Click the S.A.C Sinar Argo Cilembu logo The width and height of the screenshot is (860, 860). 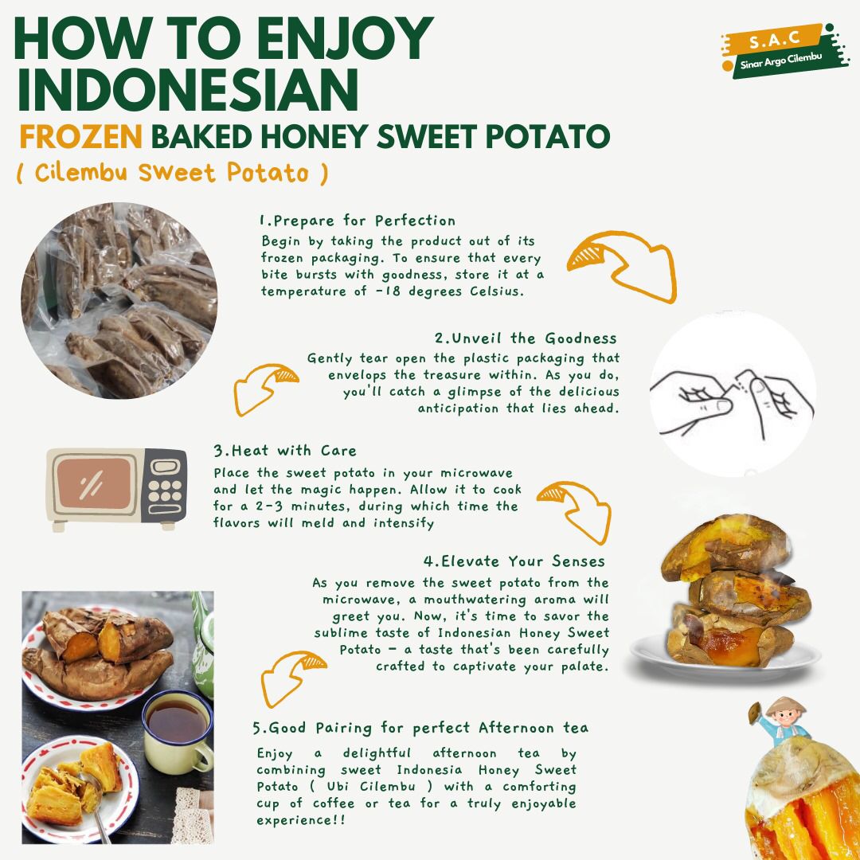(785, 50)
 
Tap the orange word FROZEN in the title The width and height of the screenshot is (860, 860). (80, 137)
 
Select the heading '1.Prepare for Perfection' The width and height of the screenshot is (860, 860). (358, 221)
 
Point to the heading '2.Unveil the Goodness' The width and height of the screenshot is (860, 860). (526, 338)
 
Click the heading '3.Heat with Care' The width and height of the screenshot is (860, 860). (285, 451)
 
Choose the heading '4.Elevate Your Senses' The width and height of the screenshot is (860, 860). (514, 561)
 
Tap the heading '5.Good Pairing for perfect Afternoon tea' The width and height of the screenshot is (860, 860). (420, 728)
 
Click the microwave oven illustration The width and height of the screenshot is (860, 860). (117, 489)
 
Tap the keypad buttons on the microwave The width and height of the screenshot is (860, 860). (165, 491)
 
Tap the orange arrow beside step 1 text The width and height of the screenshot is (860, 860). (622, 266)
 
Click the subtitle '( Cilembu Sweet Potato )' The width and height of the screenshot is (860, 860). (172, 173)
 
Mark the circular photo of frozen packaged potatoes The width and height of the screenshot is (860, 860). (119, 300)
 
